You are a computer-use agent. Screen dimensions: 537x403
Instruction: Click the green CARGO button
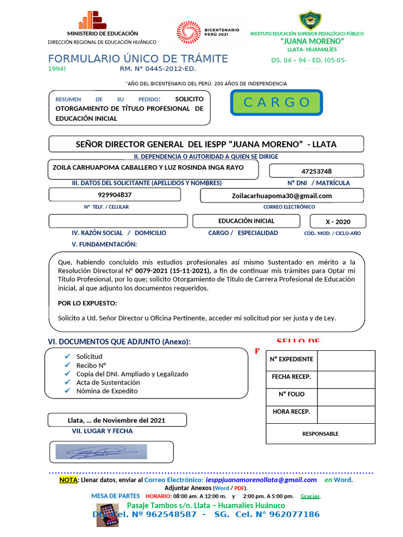[x=277, y=102]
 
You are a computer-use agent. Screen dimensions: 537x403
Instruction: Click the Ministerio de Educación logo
[x=92, y=20]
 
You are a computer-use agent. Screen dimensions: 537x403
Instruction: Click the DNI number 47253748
[x=316, y=171]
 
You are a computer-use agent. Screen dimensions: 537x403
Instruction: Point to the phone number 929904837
[x=114, y=195]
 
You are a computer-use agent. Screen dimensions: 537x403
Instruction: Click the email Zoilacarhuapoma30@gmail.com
[x=282, y=196]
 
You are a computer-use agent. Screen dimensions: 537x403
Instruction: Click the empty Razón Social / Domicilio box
[x=118, y=221]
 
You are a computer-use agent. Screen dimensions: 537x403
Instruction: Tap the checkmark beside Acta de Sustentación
[x=67, y=382]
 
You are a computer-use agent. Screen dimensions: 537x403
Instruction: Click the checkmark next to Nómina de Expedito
[x=67, y=391]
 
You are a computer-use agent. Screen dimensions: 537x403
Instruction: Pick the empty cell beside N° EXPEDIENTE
[x=346, y=360]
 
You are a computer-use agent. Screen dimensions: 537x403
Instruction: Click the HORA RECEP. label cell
[x=291, y=412]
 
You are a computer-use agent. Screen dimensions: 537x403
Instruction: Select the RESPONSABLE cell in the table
[x=320, y=434]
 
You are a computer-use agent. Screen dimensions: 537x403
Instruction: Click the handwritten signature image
[x=101, y=452]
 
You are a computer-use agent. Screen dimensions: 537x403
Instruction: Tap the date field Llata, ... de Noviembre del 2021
[x=116, y=420]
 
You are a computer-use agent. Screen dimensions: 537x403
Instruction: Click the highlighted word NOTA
[x=68, y=480]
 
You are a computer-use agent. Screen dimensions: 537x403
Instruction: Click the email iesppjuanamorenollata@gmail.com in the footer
[x=261, y=480]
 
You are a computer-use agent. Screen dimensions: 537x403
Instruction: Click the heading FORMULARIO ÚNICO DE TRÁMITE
[x=138, y=59]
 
